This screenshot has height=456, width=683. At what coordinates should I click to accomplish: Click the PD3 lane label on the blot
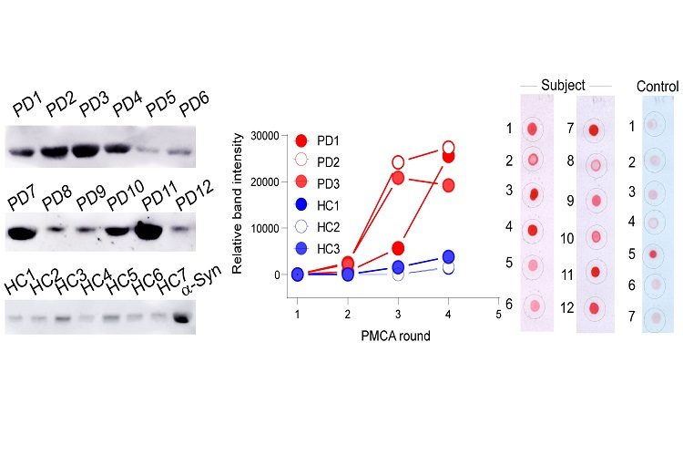point(93,106)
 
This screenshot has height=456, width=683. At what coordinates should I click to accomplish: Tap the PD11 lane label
point(158,194)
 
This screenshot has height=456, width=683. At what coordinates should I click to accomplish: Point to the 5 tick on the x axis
point(498,314)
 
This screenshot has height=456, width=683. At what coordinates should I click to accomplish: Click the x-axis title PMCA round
point(395,335)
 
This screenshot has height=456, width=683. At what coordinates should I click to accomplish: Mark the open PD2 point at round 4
point(448,148)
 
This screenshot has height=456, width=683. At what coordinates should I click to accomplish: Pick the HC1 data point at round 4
point(448,257)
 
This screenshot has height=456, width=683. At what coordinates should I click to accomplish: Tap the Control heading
point(658,86)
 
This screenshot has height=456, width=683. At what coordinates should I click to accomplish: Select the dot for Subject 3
point(535,193)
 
